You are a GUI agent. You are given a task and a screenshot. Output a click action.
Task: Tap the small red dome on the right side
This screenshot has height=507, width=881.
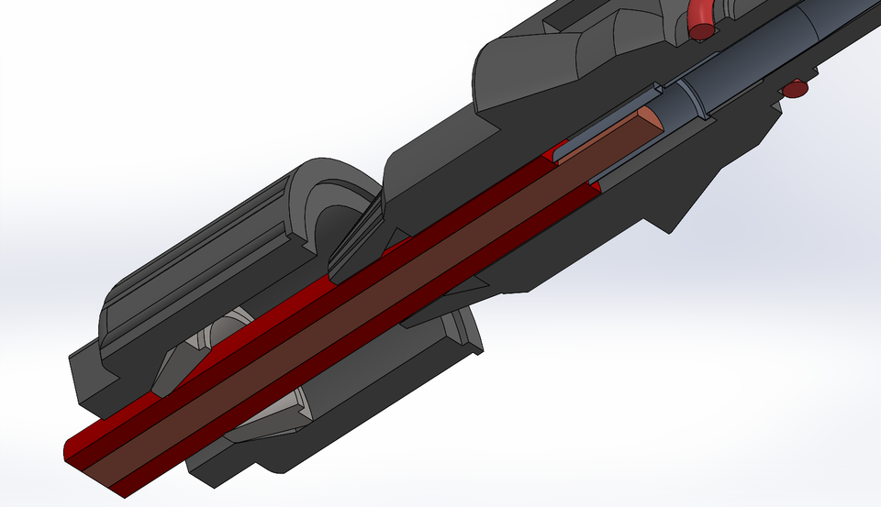794,89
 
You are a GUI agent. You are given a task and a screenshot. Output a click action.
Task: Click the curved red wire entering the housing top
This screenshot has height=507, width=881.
699,14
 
